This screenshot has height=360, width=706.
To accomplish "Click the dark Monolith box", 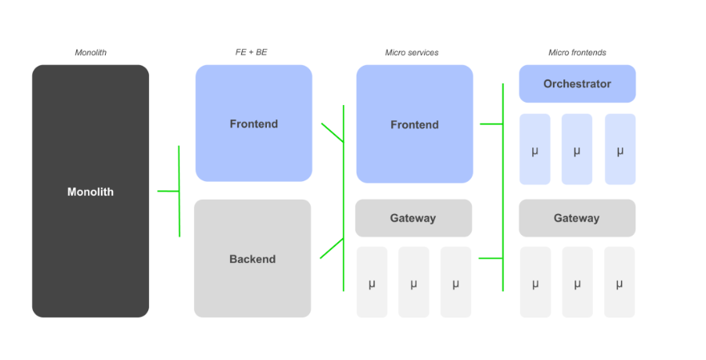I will [x=91, y=192].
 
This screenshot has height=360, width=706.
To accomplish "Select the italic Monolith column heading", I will [x=91, y=53].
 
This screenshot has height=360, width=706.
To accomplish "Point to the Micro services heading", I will [x=412, y=53].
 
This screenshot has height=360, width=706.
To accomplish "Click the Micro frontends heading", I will [x=577, y=53].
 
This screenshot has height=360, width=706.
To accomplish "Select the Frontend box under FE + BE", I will [x=253, y=123].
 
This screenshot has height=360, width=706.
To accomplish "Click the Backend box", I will [x=252, y=258].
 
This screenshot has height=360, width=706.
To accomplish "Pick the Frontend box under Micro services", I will [x=414, y=124].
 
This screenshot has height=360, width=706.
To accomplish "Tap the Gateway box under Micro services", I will [x=414, y=218].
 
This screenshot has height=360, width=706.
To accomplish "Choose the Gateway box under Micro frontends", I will [x=577, y=218].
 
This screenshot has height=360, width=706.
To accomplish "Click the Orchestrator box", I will [x=577, y=83].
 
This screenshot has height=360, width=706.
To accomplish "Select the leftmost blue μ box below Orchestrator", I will [x=535, y=150].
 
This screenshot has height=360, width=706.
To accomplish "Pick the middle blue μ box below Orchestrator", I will [x=577, y=150].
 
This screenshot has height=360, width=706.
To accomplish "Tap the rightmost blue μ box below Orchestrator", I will [x=619, y=150].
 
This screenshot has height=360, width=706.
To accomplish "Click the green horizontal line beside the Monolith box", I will [x=168, y=191].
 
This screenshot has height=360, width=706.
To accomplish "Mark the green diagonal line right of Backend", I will [x=332, y=249].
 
